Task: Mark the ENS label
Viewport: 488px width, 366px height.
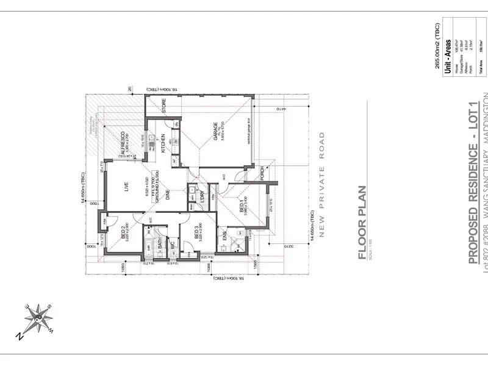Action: [224, 248]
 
